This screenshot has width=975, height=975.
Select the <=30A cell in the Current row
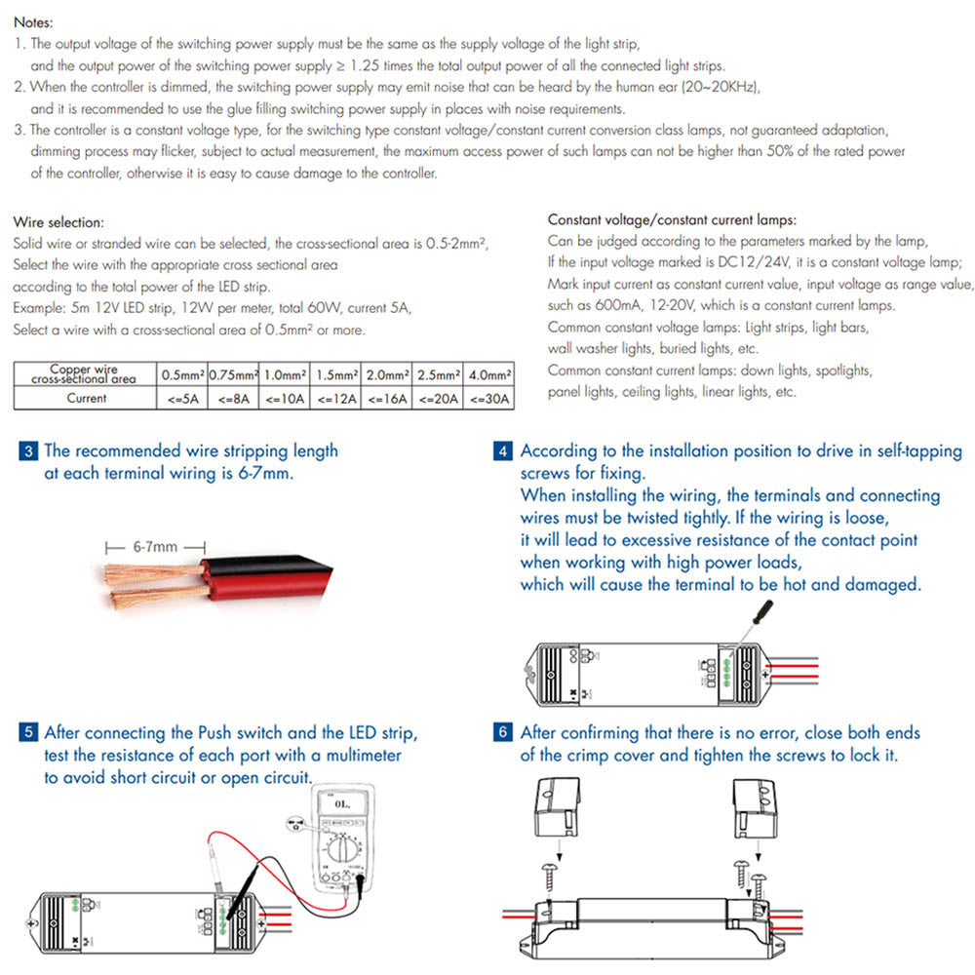pos(489,398)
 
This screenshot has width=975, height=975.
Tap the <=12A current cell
pos(334,398)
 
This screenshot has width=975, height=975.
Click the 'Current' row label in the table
pos(86,398)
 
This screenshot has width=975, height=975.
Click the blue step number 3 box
pos(29,451)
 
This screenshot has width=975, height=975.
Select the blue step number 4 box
pos(503,451)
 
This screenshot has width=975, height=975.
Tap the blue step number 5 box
pos(29,733)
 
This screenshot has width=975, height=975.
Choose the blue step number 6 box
pos(503,732)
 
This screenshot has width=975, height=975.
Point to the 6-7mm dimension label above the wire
pos(156,547)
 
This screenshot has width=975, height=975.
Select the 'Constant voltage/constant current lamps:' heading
pos(672,220)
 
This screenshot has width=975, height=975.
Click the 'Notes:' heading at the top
pos(34,21)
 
